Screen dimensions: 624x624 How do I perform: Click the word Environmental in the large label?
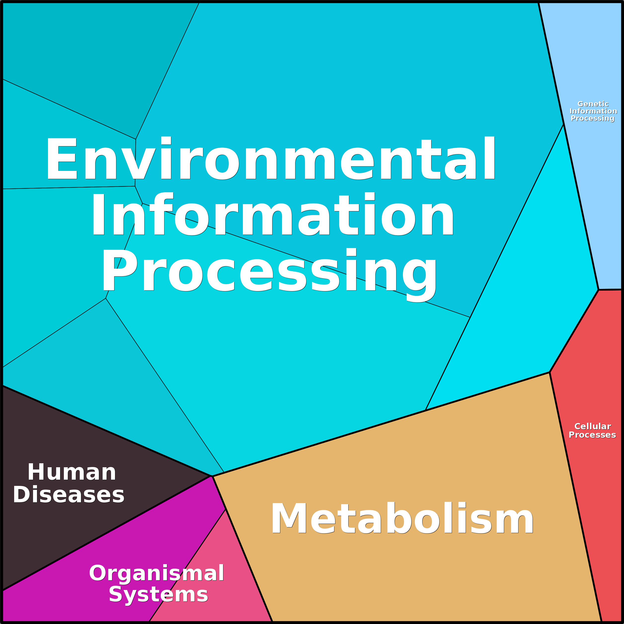click(x=271, y=158)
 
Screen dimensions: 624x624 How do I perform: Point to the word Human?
click(x=72, y=472)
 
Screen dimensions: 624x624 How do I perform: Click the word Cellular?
click(x=593, y=426)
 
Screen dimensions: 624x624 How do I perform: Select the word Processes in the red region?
click(x=592, y=435)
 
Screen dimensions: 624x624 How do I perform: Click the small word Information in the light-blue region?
click(x=593, y=111)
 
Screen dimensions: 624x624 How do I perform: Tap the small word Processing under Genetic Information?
click(x=593, y=118)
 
